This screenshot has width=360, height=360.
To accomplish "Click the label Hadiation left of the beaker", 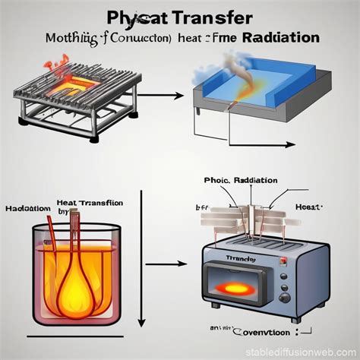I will pyautogui.click(x=27, y=208).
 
